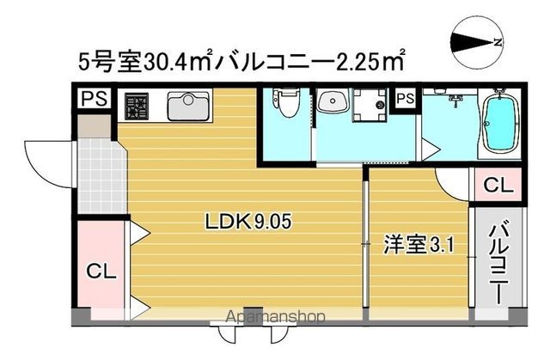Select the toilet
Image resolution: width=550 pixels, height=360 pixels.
(287, 105)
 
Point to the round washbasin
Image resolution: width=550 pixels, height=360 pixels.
(332, 103)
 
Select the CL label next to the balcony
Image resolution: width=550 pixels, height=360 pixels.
(495, 184)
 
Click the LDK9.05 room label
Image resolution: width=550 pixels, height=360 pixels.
(248, 222)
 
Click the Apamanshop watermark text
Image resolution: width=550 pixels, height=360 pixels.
(276, 318)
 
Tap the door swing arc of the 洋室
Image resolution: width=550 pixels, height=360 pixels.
(451, 182)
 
